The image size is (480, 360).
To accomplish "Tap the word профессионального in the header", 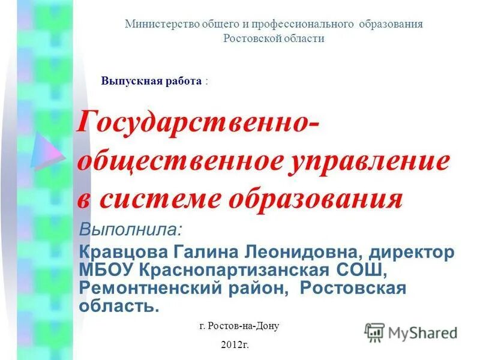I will [310, 24].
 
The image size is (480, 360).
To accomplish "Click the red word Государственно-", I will [199, 124].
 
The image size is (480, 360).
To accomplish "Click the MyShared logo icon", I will [374, 332].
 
